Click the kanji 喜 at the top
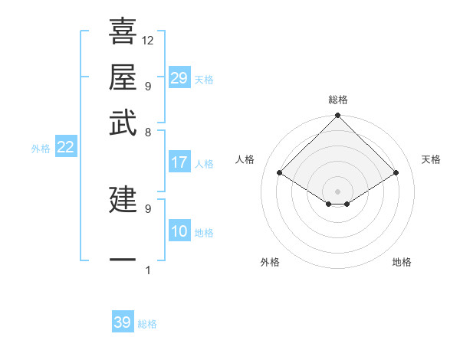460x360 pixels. (123, 32)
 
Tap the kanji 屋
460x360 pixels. (123, 77)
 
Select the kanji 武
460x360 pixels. (123, 123)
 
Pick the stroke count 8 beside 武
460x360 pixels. (148, 131)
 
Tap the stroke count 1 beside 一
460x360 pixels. (148, 270)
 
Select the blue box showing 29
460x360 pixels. (179, 78)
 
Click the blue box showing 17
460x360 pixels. (179, 162)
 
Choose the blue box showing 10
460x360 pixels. (179, 232)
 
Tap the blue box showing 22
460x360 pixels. (65, 148)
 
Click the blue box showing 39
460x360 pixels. (123, 322)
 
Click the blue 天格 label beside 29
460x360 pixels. (204, 80)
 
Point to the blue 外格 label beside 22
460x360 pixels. (41, 149)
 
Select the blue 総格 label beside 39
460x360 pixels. (147, 324)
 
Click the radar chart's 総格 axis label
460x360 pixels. (338, 100)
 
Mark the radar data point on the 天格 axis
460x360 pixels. (396, 173)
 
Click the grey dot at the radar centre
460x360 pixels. (338, 191)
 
